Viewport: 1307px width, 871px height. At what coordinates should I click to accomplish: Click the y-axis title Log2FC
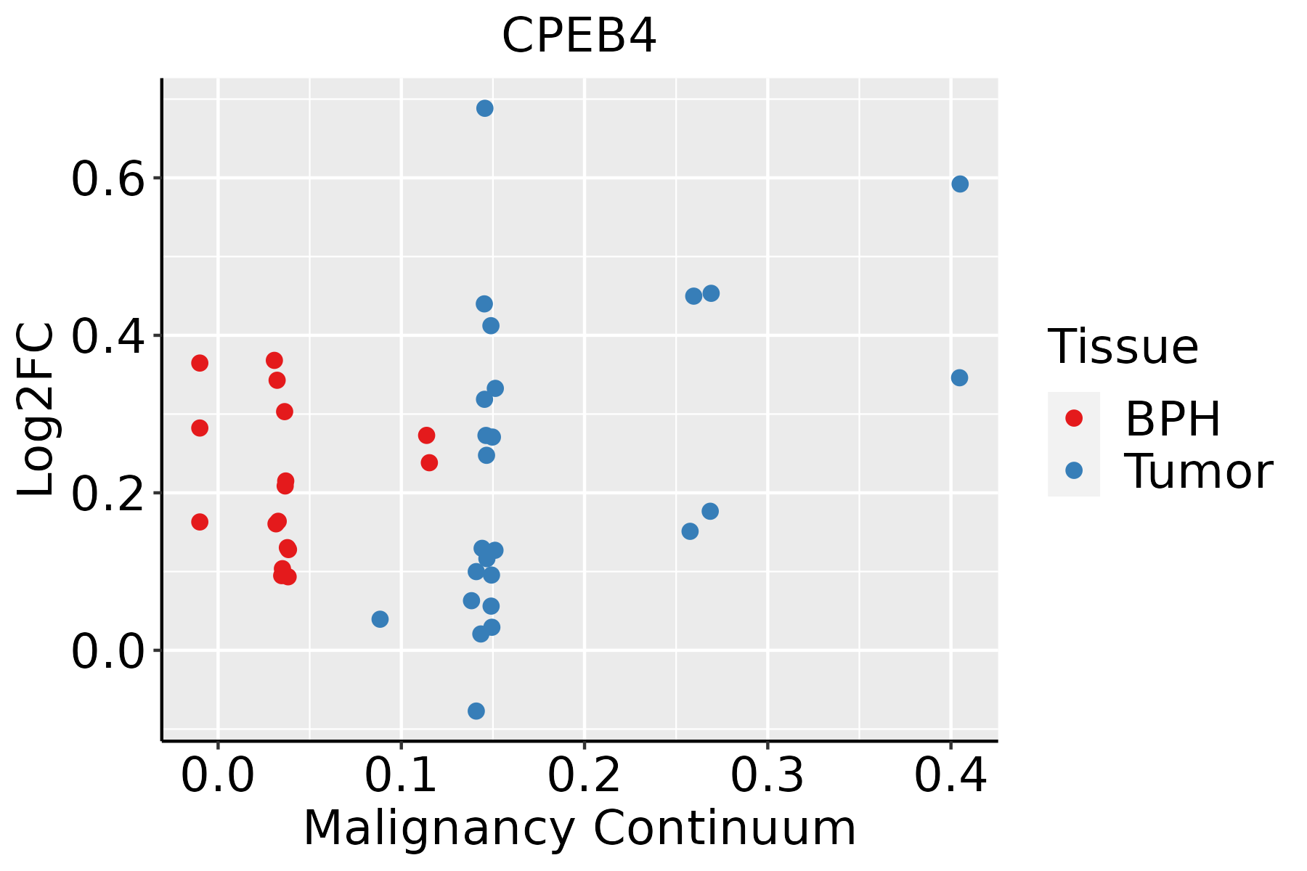(x=36, y=409)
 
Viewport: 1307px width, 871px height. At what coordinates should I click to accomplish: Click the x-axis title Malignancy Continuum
(x=579, y=828)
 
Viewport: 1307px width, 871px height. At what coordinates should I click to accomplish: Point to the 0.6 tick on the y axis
(x=108, y=179)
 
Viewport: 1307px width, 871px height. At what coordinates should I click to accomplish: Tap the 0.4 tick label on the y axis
(x=108, y=337)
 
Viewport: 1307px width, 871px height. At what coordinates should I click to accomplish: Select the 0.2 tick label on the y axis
(x=108, y=494)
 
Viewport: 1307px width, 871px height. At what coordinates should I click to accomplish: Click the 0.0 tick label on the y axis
(x=108, y=652)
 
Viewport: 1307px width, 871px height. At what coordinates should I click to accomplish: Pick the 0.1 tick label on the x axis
(x=401, y=775)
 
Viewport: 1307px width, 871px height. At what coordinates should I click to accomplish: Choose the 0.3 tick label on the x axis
(x=767, y=775)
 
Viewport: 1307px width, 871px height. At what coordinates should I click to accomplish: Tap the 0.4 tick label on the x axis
(x=950, y=775)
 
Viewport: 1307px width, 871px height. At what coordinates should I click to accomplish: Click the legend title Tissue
(x=1123, y=347)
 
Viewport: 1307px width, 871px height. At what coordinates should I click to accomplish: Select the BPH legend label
(x=1173, y=419)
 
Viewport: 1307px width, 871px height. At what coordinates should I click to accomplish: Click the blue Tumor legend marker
(x=1073, y=470)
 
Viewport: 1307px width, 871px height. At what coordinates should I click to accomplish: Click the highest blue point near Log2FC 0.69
(x=485, y=108)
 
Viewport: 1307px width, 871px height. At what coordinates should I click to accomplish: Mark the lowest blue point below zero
(x=476, y=711)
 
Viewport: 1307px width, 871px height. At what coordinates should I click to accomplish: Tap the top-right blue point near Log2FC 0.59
(x=960, y=184)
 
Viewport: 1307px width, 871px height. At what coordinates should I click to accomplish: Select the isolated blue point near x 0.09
(x=380, y=619)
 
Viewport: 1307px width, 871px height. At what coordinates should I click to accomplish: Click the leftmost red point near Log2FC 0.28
(x=200, y=428)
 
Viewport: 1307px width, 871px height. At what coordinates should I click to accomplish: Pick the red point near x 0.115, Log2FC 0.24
(x=429, y=462)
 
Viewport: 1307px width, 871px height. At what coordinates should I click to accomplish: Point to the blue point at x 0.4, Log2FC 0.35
(x=959, y=377)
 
